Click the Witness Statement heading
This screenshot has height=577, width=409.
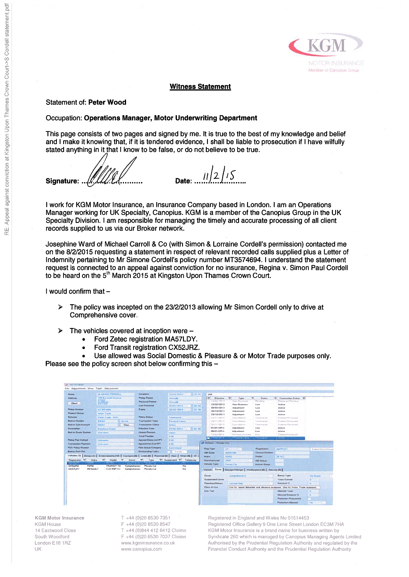point(200,87)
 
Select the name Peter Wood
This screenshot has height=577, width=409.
point(107,102)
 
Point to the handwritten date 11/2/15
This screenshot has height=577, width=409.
point(219,175)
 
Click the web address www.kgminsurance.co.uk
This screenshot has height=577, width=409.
point(148,543)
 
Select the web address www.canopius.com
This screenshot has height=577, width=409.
point(141,549)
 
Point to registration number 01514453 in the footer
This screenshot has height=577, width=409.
point(298,518)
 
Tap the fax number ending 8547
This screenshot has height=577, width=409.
point(146,524)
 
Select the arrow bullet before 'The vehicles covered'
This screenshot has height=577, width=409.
point(61,331)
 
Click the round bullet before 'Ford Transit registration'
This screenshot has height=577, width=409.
point(84,348)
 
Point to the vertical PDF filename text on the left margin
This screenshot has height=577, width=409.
point(7,119)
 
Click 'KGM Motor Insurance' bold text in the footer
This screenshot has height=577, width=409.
point(59,518)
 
